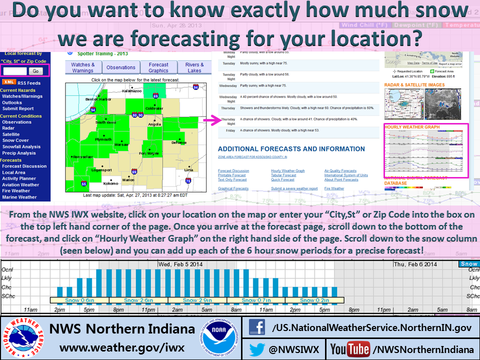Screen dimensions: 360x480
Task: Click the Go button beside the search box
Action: click(35, 71)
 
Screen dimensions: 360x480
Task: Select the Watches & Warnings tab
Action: click(82, 67)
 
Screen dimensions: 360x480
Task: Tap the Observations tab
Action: click(120, 67)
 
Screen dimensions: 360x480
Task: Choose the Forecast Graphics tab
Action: click(158, 67)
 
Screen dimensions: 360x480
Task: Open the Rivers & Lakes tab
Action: click(194, 67)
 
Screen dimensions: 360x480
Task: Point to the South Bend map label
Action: click(105, 122)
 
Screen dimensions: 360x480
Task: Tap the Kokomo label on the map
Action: click(111, 183)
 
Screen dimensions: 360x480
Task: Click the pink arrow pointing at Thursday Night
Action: click(211, 120)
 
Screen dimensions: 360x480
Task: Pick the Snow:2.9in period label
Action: click(197, 300)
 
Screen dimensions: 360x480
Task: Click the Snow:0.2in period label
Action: click(315, 300)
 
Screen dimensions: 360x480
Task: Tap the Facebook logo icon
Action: click(257, 328)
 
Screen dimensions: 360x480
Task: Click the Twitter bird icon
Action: click(256, 349)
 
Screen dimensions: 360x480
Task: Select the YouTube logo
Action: click(350, 349)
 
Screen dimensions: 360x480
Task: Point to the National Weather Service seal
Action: click(23, 337)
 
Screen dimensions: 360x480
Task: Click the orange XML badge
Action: click(8, 82)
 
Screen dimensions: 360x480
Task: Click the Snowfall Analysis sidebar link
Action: click(21, 147)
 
